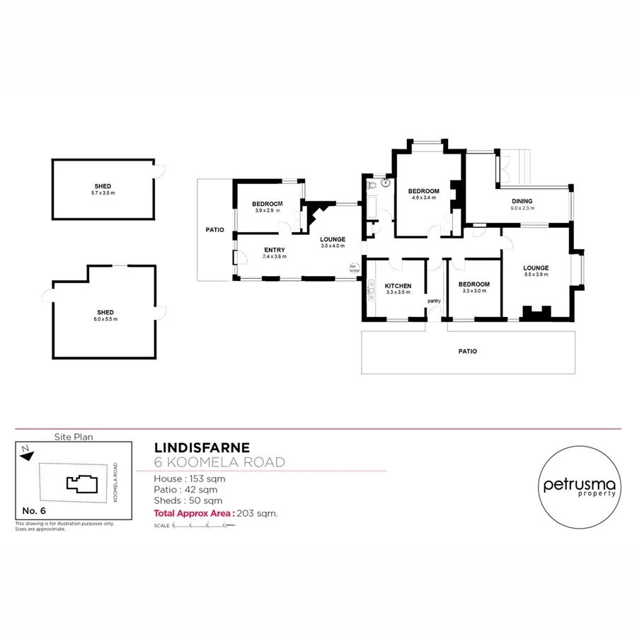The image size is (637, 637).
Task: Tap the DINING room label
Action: (522, 201)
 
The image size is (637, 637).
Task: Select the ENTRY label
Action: (275, 250)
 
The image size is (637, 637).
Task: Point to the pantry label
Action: (434, 301)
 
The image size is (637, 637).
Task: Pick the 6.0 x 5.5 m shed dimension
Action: (105, 319)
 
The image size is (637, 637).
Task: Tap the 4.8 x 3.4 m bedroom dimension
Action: (425, 198)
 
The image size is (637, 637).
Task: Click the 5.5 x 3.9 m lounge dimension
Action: (536, 275)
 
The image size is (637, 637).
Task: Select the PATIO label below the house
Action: (467, 351)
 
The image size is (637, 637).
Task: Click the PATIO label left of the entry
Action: (215, 230)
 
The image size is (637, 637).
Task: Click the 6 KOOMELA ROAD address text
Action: (219, 462)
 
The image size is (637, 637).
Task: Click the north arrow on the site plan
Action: (26, 454)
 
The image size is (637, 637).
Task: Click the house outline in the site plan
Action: (81, 483)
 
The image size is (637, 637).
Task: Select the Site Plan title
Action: (74, 437)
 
